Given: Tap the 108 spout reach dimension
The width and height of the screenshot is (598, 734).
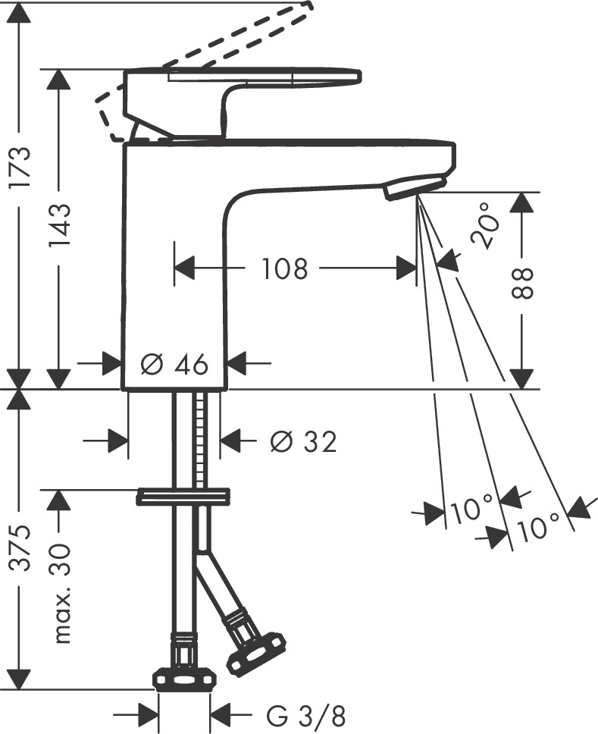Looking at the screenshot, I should click(x=285, y=268).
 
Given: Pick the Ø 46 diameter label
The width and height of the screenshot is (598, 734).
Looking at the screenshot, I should click(x=174, y=365).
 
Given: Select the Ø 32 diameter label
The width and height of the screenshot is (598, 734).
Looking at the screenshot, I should click(x=303, y=441).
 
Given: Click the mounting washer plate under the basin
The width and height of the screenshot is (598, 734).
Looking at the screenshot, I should click(x=183, y=497).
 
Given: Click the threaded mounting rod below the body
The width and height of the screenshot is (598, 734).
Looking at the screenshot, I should click(x=200, y=440).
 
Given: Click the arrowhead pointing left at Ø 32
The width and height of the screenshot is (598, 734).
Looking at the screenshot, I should click(x=231, y=440).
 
